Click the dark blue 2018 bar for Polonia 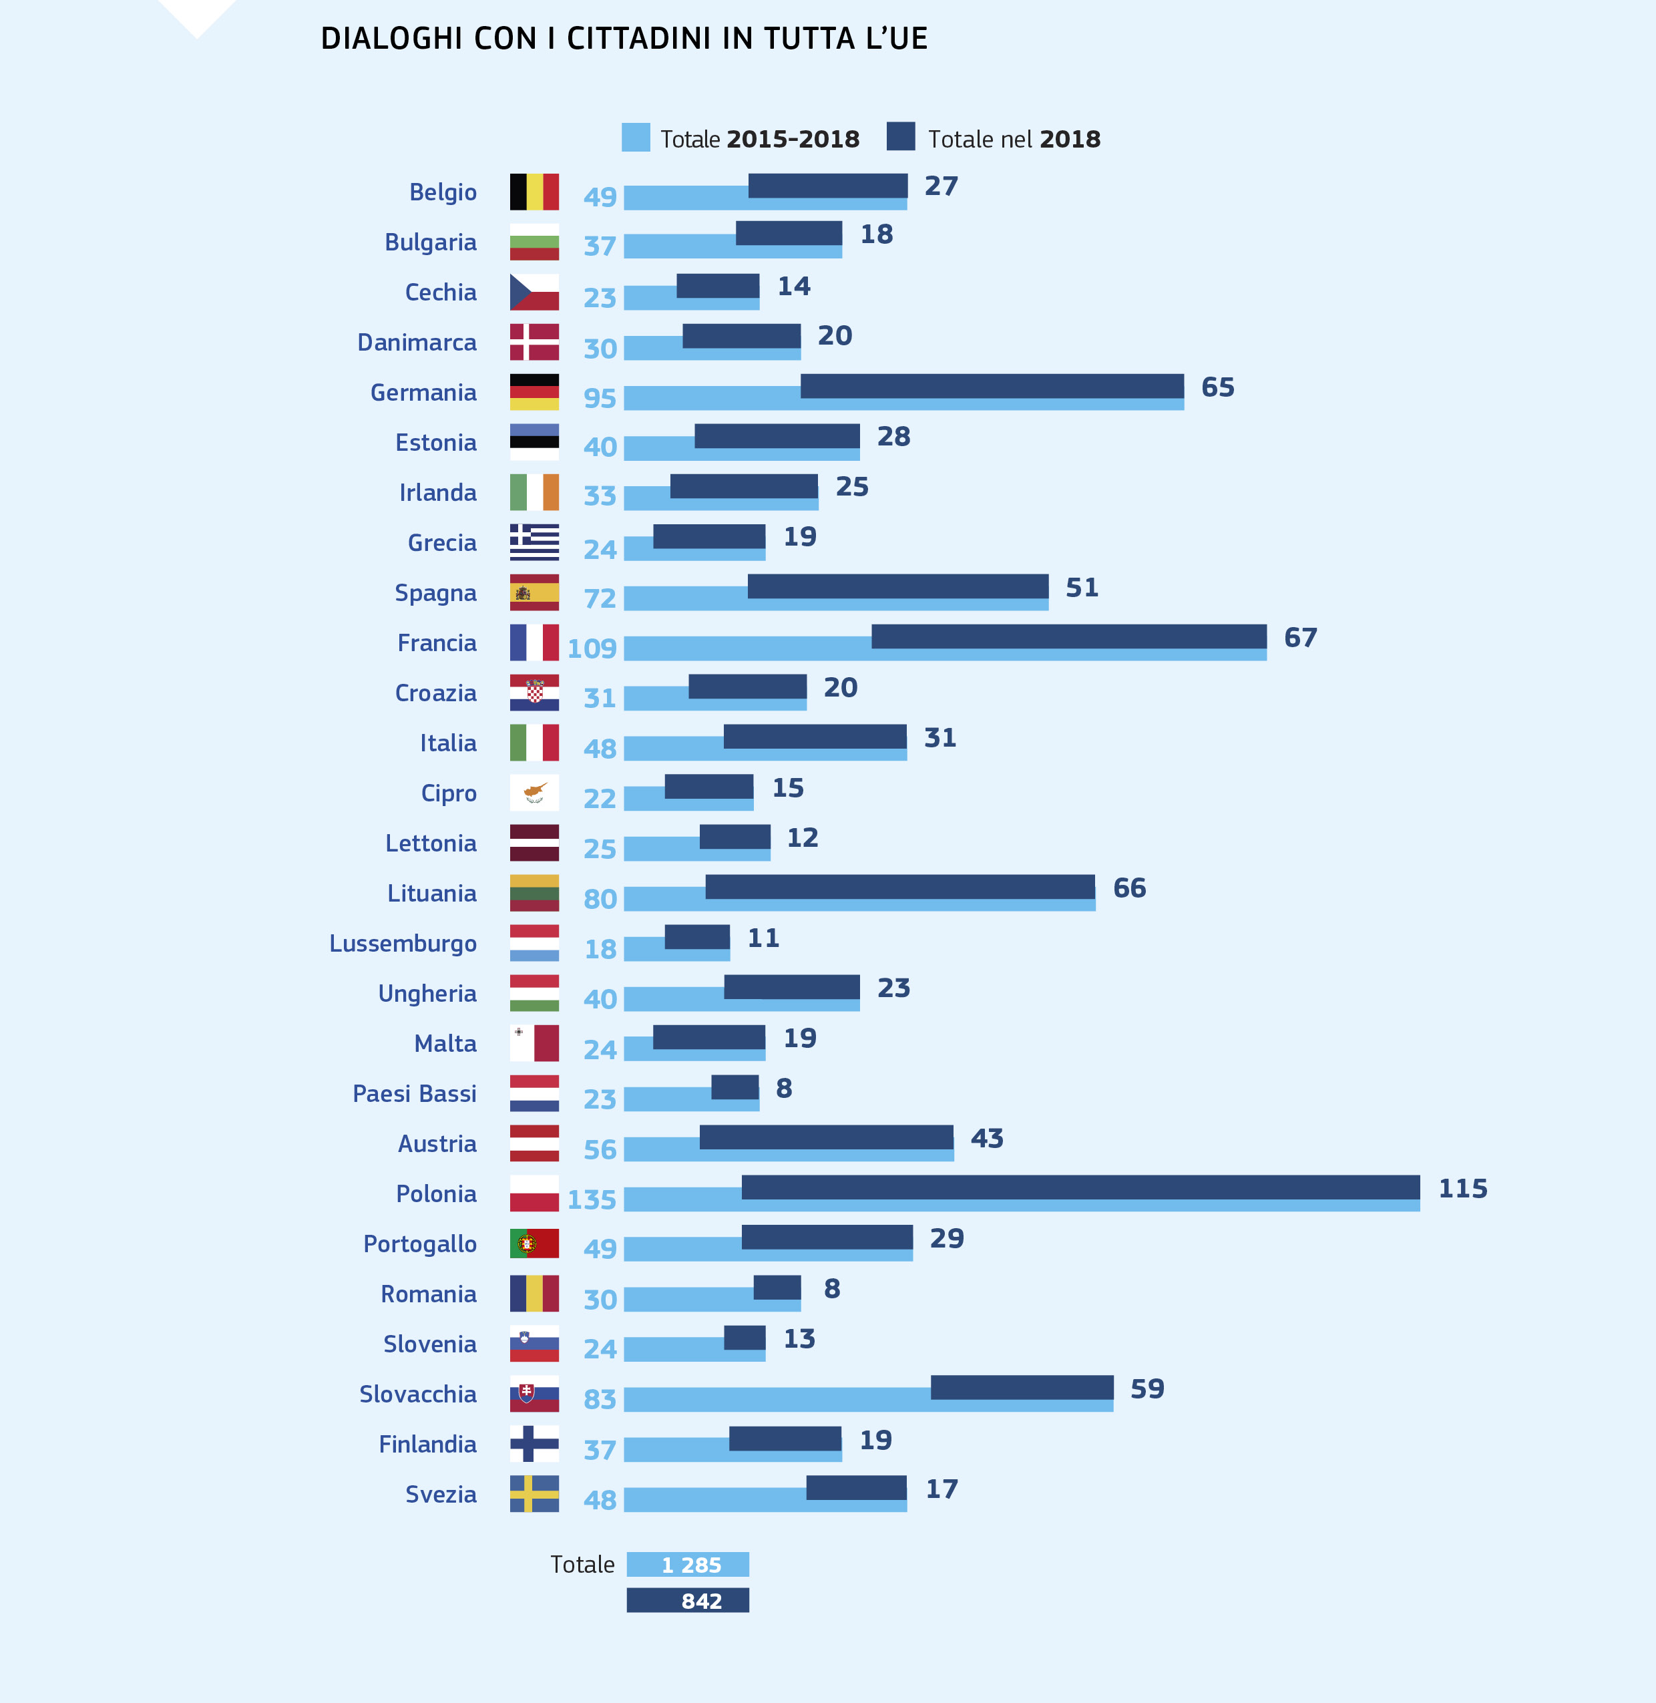tap(1080, 1187)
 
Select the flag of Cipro tap(534, 792)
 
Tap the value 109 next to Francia tap(592, 648)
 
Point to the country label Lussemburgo tap(403, 944)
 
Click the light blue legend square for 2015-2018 tap(636, 138)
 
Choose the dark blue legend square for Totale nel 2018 tap(900, 136)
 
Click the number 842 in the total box tap(701, 1601)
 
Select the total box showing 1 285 tap(688, 1565)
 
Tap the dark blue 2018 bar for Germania tap(992, 386)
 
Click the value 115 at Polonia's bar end tap(1462, 1188)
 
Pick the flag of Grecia tap(534, 542)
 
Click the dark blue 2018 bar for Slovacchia tap(1022, 1387)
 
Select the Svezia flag tap(534, 1493)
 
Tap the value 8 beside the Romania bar tap(831, 1288)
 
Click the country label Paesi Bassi tap(414, 1093)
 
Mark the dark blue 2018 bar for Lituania tap(900, 886)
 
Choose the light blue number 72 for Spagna tap(599, 598)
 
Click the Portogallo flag tap(534, 1243)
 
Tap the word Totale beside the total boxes tap(582, 1565)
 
